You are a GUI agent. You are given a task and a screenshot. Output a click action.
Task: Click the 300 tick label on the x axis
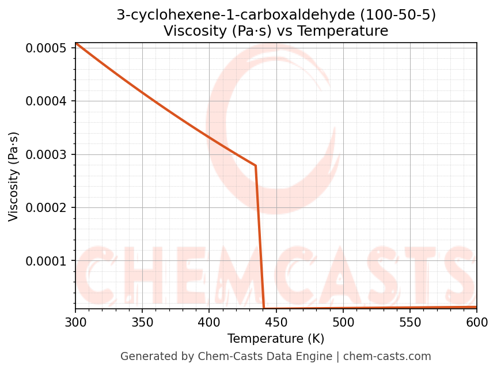[x=75, y=321]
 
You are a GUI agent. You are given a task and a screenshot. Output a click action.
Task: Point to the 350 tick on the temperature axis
[x=142, y=321]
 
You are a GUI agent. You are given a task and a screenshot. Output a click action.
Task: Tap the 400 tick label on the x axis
[x=209, y=321]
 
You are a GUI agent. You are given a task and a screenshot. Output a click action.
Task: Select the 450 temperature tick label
[x=276, y=321]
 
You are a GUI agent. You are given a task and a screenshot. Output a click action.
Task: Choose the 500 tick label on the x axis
[x=343, y=321]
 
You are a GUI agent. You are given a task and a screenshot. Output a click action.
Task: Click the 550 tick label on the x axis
[x=409, y=321]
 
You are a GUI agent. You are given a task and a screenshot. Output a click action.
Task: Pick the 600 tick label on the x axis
[x=477, y=321]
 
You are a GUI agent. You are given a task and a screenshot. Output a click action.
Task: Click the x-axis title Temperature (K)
[x=276, y=338]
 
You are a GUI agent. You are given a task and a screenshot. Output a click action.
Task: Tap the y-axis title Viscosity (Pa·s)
[x=14, y=176]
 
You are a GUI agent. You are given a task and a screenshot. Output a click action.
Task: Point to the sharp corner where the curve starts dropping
[x=256, y=166]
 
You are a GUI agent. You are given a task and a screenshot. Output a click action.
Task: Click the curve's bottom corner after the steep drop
[x=264, y=308]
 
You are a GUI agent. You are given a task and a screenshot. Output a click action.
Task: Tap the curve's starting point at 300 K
[x=75, y=43]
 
